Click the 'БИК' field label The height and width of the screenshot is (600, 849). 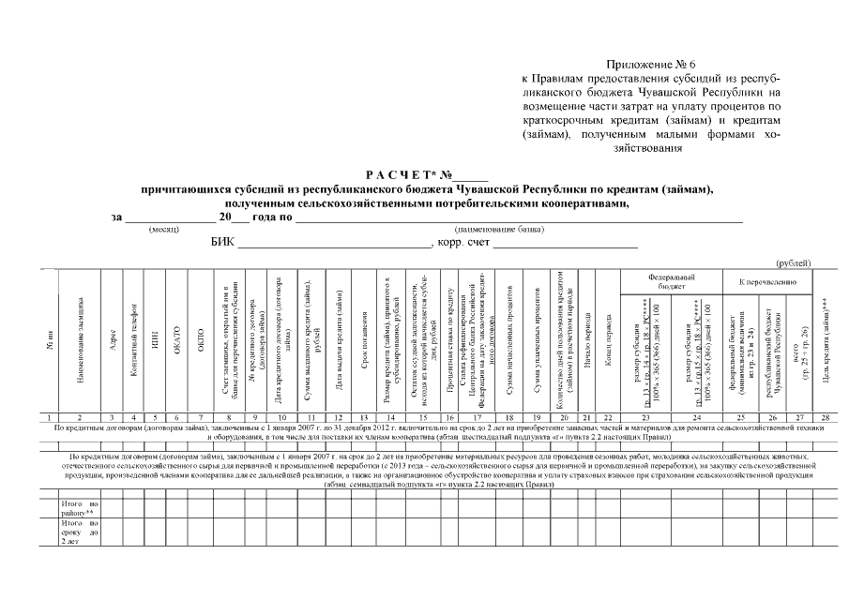point(222,244)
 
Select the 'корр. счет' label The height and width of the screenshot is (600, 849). point(460,244)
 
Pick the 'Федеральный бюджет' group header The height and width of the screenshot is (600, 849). point(673,283)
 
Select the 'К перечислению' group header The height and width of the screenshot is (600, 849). point(768,281)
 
